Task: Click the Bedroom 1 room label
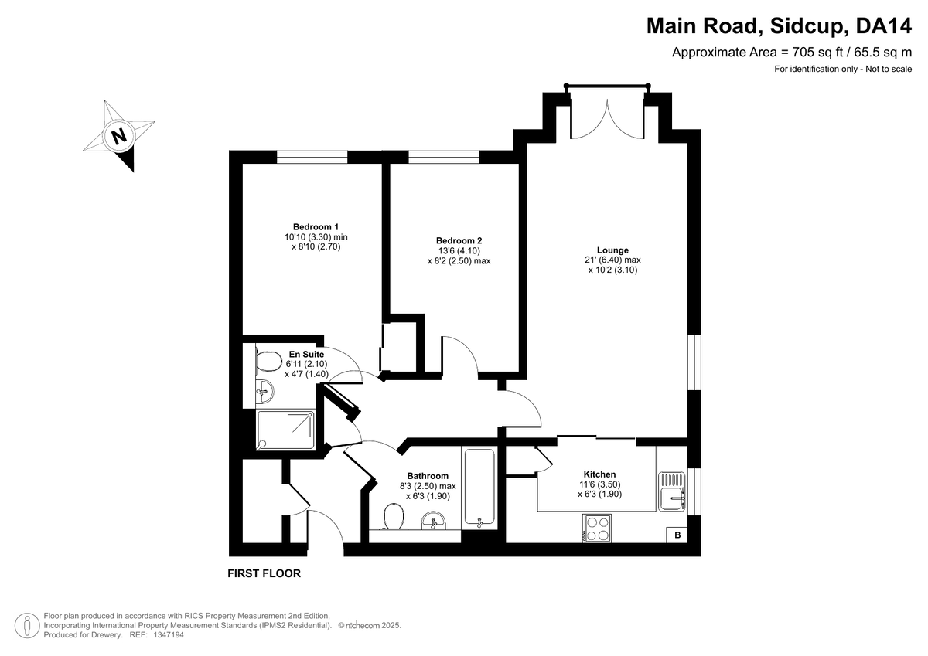click(x=316, y=227)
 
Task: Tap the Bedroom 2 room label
click(x=459, y=240)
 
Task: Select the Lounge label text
click(x=612, y=250)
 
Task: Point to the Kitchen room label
click(x=599, y=474)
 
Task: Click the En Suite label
click(x=306, y=355)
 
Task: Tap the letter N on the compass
click(x=119, y=136)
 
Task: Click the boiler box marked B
click(x=677, y=535)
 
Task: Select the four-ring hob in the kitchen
click(x=596, y=528)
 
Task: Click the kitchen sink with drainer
click(x=671, y=491)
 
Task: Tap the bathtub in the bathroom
click(x=479, y=488)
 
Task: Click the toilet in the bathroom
click(x=394, y=516)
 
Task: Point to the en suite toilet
click(x=268, y=362)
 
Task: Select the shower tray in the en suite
click(x=285, y=430)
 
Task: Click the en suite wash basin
click(x=264, y=392)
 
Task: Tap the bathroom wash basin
click(x=434, y=521)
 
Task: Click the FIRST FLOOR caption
click(x=264, y=573)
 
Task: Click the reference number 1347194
click(x=169, y=635)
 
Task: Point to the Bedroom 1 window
click(x=312, y=157)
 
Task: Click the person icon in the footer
click(x=27, y=625)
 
